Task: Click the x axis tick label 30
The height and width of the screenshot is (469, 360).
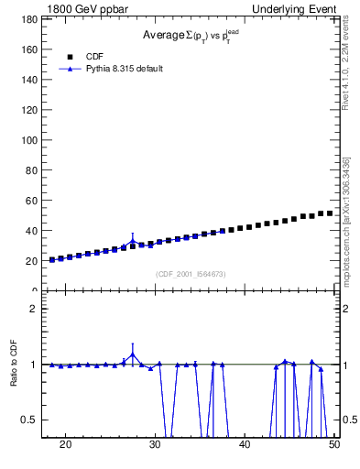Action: point(155,445)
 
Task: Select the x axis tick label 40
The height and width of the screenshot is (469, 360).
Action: point(245,445)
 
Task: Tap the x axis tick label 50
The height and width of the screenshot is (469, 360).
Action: point(334,445)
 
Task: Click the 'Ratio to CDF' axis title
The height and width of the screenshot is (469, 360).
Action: point(14,365)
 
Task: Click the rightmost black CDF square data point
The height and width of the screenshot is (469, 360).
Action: point(329,213)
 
